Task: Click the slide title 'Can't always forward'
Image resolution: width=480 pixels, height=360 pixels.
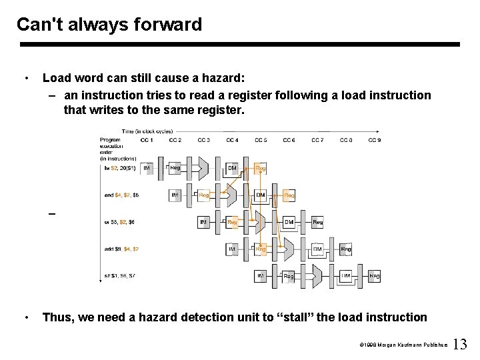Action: click(109, 25)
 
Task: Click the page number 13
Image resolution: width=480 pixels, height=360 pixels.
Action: click(460, 345)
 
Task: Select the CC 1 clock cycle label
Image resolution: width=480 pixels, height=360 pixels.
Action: click(147, 140)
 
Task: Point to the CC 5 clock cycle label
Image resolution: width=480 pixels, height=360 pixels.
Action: click(261, 140)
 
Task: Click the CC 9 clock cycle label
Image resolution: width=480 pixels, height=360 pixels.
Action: click(375, 140)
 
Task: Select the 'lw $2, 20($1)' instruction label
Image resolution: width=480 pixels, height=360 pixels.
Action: click(120, 168)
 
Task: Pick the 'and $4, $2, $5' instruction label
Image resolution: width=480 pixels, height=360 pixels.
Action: click(122, 195)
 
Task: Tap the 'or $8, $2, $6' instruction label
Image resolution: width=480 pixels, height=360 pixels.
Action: click(120, 222)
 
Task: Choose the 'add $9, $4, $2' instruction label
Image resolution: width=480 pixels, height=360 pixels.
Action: click(121, 249)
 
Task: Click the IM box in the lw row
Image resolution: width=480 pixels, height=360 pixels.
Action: click(147, 168)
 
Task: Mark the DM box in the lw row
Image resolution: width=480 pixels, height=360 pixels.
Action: click(232, 168)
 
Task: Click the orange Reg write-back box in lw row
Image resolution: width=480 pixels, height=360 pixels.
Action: click(261, 168)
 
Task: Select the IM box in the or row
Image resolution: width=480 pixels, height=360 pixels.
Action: click(203, 222)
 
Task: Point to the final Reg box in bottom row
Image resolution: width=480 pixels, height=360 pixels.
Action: click(375, 275)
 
